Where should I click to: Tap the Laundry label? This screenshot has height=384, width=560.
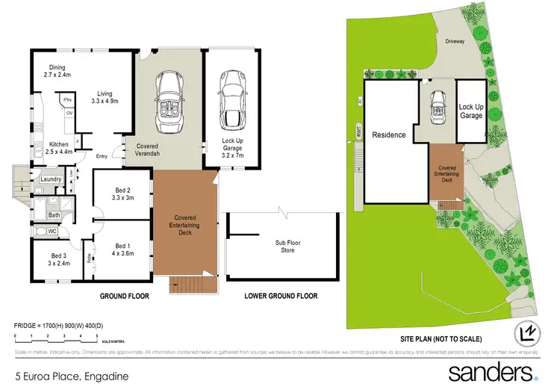51,179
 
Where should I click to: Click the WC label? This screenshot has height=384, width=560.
52,232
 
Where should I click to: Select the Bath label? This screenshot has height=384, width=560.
54,215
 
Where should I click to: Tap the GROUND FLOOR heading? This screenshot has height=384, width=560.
125,297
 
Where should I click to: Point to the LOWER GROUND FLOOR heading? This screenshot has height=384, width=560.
281,297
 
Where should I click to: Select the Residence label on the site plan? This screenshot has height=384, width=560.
389,135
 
